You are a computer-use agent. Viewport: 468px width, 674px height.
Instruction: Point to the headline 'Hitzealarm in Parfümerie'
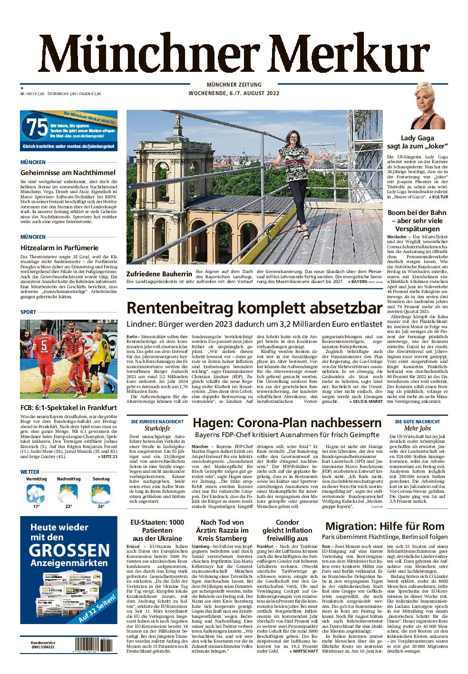[x=59, y=247]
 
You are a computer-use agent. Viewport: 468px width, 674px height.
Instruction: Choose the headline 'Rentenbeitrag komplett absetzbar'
[x=254, y=308]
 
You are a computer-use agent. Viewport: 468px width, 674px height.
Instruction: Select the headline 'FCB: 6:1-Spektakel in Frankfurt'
[x=68, y=408]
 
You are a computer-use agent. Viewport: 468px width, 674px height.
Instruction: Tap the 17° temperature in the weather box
[x=36, y=506]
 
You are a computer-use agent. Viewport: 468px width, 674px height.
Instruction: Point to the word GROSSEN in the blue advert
[x=69, y=551]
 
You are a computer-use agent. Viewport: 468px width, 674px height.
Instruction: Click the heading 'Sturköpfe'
[x=157, y=429]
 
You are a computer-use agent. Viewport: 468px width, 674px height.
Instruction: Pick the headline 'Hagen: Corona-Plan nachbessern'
[x=287, y=422]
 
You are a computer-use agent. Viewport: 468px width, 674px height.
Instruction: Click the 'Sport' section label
[x=29, y=312]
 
